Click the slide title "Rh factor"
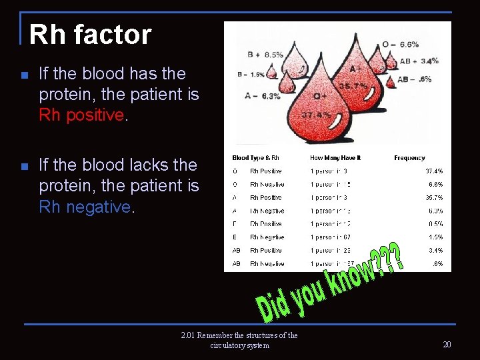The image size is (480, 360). tap(91, 35)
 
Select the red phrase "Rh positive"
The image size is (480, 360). tap(81, 115)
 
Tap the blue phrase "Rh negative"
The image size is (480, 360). tap(85, 207)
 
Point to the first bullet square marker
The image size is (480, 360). tap(25, 75)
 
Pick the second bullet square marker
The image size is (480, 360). tap(25, 167)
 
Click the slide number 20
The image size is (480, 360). tap(447, 344)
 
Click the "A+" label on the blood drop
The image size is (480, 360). tap(355, 68)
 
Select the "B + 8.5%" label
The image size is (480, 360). tap(265, 54)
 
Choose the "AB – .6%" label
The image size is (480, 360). tap(415, 79)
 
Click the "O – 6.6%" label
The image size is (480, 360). tap(400, 44)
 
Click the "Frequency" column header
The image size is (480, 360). tap(409, 158)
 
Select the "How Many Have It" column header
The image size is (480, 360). tap(335, 158)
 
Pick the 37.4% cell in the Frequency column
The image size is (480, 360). tap(434, 171)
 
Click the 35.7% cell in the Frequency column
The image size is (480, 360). tap(434, 197)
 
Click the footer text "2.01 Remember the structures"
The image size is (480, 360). tap(239, 335)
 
